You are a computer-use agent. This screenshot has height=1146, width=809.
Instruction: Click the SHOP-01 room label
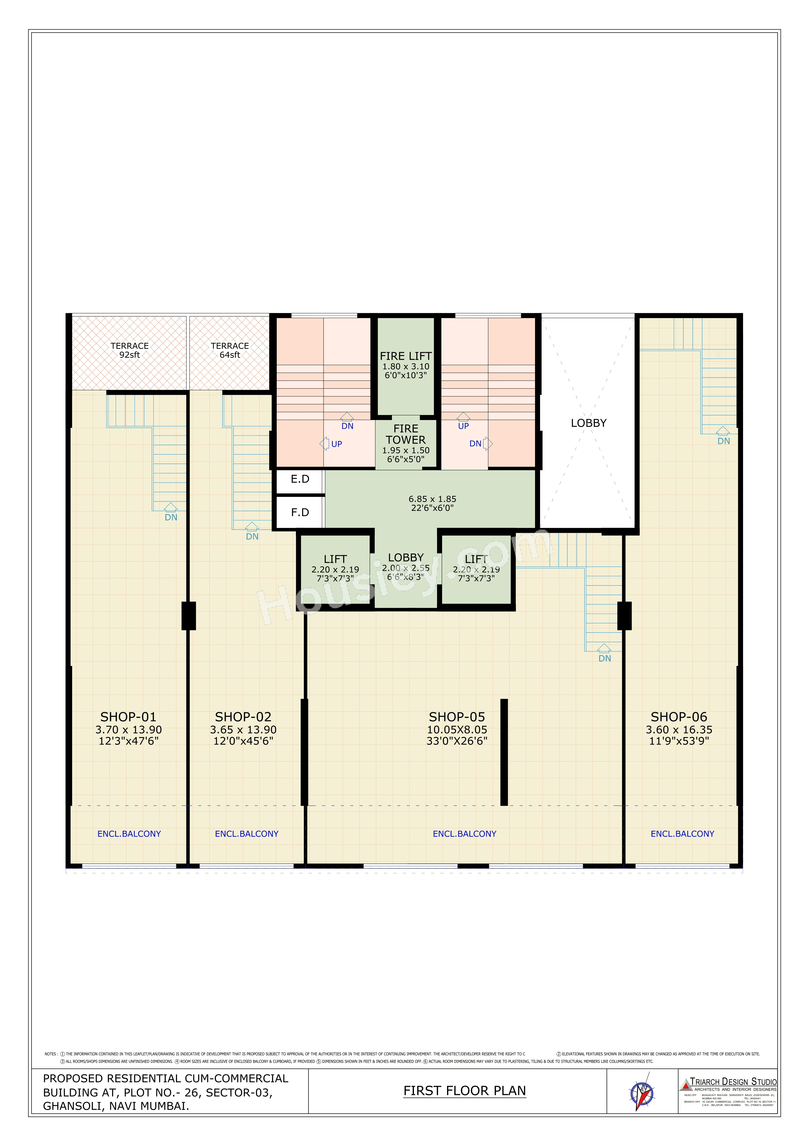(128, 717)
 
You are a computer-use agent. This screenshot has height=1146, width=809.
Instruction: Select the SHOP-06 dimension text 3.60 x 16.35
(679, 730)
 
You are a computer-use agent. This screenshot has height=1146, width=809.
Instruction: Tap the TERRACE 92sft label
(130, 350)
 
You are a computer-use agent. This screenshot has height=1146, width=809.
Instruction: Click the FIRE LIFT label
(405, 356)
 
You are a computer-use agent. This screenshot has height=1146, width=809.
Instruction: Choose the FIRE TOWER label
(405, 434)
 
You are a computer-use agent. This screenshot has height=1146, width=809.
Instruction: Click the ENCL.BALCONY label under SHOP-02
(246, 834)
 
